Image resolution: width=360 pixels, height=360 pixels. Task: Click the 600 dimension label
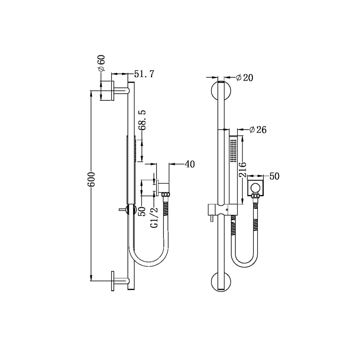tap(91, 179)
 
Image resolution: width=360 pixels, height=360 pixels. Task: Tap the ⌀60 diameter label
tap(101, 63)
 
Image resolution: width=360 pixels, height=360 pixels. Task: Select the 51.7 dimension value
tap(144, 74)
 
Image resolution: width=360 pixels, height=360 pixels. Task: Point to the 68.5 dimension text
tap(143, 120)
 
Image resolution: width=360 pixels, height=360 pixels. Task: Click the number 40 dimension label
tap(189, 164)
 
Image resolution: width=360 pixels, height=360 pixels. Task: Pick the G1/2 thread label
tap(155, 218)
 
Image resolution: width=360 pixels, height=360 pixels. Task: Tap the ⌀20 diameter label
tap(245, 78)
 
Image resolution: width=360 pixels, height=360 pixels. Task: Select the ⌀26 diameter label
tap(258, 130)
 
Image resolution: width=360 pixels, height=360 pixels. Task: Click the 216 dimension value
tap(243, 170)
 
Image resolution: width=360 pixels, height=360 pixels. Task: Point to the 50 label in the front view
tap(274, 176)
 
